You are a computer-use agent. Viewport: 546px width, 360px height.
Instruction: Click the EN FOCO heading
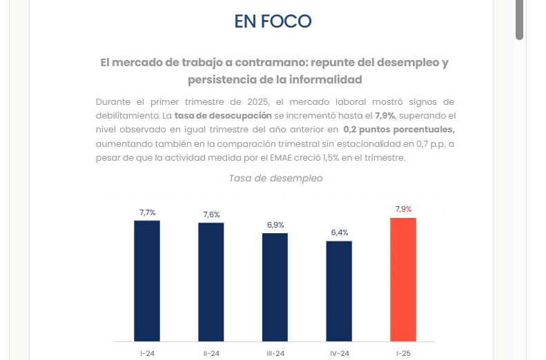point(273,21)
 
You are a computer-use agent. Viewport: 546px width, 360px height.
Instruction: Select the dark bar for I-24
point(147,281)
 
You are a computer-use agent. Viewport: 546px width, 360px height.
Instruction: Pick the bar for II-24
point(211,282)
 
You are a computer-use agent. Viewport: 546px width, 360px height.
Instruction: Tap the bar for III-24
point(275,287)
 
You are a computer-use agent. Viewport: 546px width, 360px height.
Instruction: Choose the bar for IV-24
point(339,291)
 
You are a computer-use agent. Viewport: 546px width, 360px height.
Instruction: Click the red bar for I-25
point(403,279)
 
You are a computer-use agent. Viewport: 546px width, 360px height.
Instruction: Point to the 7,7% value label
point(147,212)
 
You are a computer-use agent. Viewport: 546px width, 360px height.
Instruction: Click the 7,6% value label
point(211,214)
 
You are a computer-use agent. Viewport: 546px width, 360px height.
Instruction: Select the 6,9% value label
point(275,225)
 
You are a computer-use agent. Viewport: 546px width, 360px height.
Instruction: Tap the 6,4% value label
point(340,232)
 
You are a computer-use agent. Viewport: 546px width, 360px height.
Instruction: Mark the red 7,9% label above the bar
point(403,209)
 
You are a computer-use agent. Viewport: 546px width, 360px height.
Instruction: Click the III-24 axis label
point(275,353)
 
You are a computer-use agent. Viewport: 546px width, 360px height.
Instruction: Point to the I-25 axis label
point(403,353)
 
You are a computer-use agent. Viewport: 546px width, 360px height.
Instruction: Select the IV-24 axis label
point(339,353)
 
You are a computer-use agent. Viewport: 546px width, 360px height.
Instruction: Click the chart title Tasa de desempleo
point(275,178)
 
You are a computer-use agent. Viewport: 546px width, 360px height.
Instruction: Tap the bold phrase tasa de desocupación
point(218,115)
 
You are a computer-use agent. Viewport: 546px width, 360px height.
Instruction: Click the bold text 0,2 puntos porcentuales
point(398,129)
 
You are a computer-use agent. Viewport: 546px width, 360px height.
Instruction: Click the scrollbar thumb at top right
point(520,19)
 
